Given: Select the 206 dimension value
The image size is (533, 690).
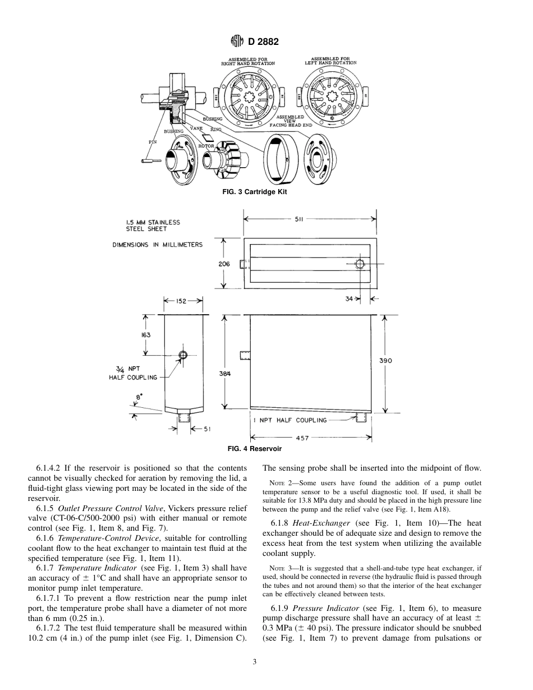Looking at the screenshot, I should point(224,264).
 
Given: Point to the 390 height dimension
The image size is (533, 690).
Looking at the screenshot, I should point(385,361).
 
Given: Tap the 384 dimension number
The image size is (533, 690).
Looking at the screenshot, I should point(224,373).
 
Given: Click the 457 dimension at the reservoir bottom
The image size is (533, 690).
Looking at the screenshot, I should point(302,438).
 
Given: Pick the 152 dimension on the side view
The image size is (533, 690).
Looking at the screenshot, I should point(181,301).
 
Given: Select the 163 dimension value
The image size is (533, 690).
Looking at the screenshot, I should point(146,335).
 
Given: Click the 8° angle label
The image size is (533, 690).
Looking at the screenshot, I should point(139,396).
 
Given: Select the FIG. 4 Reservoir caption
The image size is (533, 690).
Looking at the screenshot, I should point(254,449).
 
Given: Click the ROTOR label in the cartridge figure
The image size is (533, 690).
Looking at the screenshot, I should point(206,146).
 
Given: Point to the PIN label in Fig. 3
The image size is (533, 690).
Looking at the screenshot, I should point(152,142).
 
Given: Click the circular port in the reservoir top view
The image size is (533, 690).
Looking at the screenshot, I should point(359,264).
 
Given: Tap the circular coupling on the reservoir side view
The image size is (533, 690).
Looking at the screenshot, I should point(182,355).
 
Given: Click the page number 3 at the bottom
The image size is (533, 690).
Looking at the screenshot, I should point(255,662).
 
